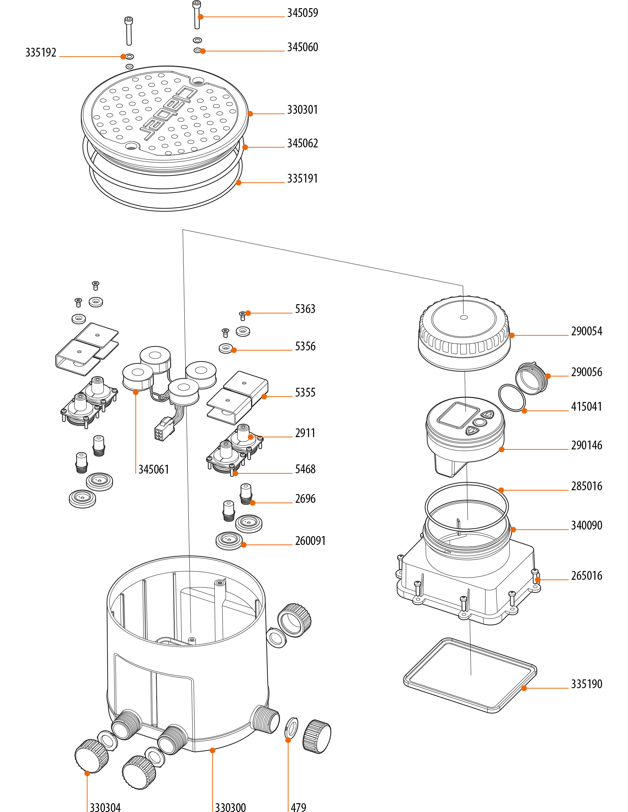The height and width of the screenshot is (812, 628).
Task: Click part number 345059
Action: click(x=302, y=13)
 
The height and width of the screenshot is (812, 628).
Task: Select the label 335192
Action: click(x=41, y=52)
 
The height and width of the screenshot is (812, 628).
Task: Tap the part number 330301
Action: click(x=302, y=110)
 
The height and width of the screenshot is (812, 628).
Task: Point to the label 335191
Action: click(x=302, y=178)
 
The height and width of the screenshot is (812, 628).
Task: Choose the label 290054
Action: click(x=586, y=331)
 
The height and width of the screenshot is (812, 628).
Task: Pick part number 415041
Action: click(x=586, y=407)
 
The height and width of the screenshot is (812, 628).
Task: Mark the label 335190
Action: click(x=586, y=684)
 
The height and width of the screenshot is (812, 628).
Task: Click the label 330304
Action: click(x=105, y=807)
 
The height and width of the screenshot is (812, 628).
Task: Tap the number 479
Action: click(x=298, y=807)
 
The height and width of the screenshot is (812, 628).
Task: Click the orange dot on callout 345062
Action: click(x=245, y=147)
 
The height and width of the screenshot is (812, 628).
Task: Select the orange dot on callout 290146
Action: click(x=502, y=449)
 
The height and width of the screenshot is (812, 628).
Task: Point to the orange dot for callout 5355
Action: click(x=264, y=397)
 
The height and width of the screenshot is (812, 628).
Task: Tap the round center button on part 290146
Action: click(x=479, y=423)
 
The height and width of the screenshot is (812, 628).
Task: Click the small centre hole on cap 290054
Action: click(x=464, y=317)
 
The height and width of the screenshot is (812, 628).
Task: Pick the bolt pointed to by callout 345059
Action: click(x=197, y=15)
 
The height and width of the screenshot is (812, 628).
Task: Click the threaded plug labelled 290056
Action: click(x=531, y=378)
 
